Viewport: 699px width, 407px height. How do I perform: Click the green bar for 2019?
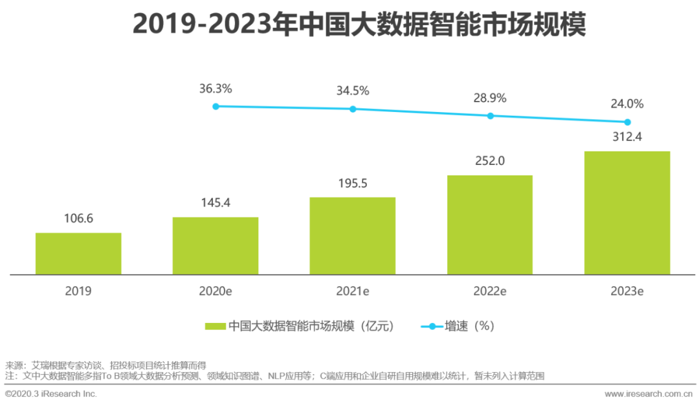78,254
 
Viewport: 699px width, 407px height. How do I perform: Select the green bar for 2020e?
216,246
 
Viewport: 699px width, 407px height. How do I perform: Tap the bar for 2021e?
353,236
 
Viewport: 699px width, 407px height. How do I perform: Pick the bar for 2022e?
490,225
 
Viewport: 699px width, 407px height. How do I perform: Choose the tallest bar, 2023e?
627,213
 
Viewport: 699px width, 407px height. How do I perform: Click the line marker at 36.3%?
216,106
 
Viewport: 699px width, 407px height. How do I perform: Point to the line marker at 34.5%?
353,109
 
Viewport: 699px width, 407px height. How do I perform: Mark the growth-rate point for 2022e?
490,116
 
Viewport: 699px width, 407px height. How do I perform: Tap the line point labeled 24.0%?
627,122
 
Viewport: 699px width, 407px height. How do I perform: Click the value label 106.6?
78,219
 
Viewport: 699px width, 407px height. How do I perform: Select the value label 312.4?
627,137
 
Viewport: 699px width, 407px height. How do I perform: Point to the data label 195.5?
353,183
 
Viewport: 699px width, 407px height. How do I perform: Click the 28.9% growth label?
490,98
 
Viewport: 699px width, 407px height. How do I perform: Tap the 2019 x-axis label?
78,291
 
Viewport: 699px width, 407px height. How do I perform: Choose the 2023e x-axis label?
627,291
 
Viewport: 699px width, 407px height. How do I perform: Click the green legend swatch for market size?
214,326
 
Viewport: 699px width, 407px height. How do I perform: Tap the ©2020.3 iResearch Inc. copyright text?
51,393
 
